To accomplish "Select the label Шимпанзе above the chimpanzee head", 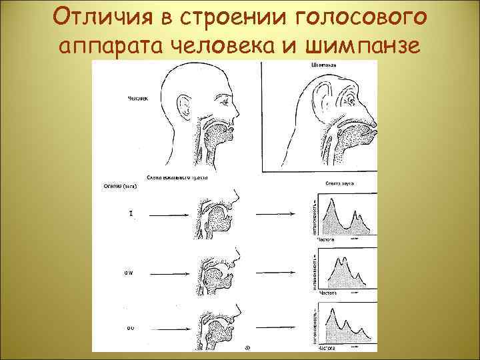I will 324,65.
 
